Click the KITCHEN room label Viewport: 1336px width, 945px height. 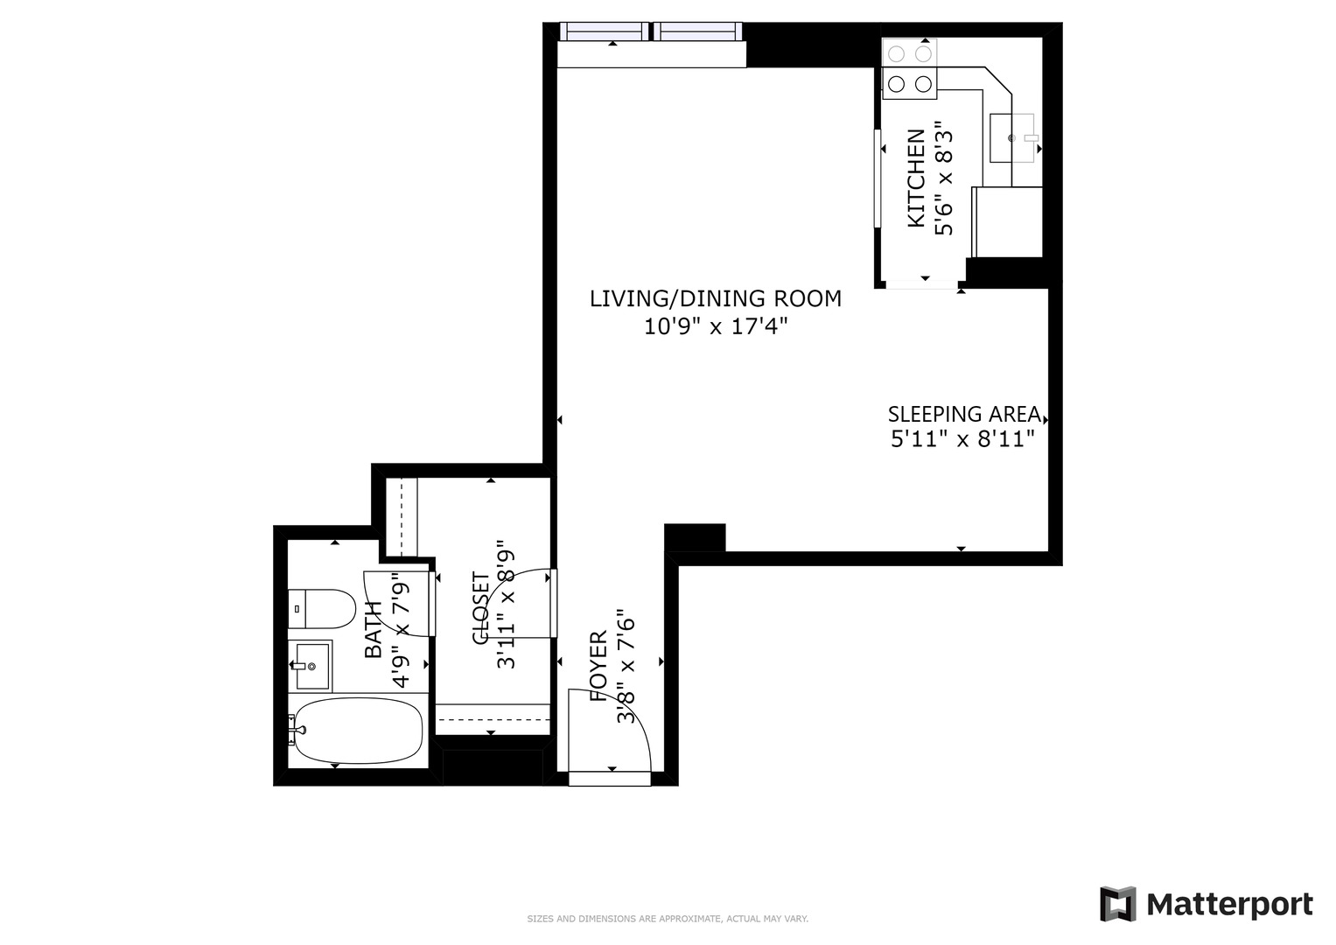(x=915, y=178)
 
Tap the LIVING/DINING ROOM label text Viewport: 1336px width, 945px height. (x=715, y=299)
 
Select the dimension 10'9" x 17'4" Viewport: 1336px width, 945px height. (x=716, y=327)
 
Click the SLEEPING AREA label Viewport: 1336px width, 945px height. (x=963, y=415)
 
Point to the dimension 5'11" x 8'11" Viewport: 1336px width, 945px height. (x=962, y=439)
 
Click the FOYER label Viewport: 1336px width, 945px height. (x=598, y=667)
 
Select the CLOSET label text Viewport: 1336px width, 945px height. (x=481, y=609)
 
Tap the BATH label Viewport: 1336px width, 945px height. (x=374, y=630)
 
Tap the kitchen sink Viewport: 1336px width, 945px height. (x=1011, y=138)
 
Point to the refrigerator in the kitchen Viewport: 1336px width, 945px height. (x=1007, y=222)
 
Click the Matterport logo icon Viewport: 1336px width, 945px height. (x=1117, y=904)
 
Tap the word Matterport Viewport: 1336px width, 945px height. (x=1229, y=904)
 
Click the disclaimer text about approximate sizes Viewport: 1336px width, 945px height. (x=667, y=919)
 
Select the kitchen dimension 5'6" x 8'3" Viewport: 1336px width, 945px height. (x=943, y=178)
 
